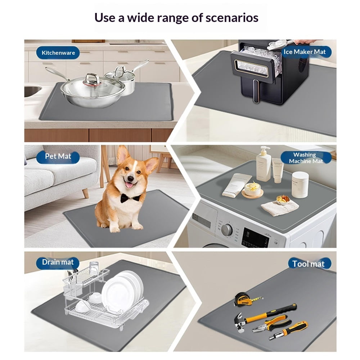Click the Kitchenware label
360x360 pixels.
[58, 53]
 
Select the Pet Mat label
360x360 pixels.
[58, 156]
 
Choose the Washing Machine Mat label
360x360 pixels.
[306, 158]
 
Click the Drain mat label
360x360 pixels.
[58, 262]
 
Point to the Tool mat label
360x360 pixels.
[309, 264]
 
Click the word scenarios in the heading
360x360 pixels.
[232, 18]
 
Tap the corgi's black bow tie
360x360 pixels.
[130, 198]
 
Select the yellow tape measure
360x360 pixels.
[247, 299]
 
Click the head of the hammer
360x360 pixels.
[240, 323]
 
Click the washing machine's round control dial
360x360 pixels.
[226, 230]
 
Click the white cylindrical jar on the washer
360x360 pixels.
[300, 185]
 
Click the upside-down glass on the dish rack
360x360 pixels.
[94, 267]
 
